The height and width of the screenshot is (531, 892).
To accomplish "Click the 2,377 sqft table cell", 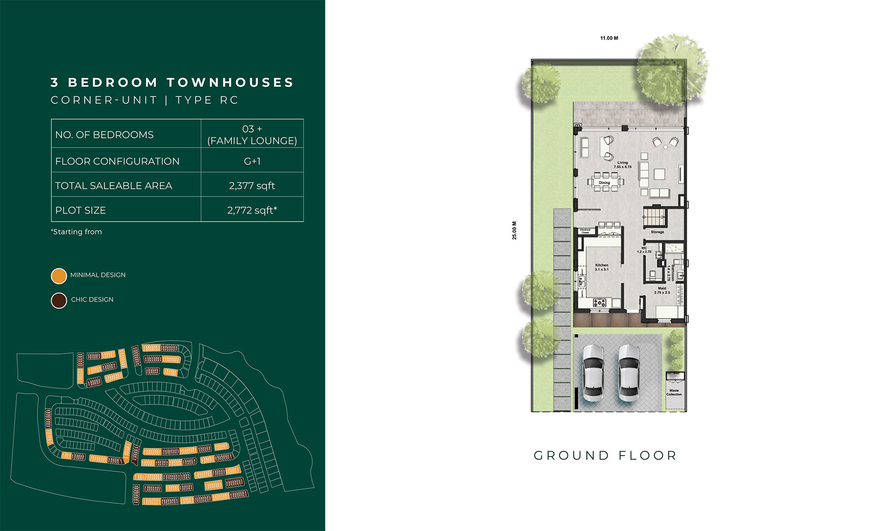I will tap(252, 185).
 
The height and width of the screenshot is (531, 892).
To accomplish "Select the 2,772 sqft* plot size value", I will tap(252, 210).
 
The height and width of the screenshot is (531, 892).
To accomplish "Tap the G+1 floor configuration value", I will tap(252, 161).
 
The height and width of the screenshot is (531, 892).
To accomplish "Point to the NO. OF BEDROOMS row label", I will tap(104, 135).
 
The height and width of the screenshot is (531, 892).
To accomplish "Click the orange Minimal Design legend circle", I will tap(59, 276).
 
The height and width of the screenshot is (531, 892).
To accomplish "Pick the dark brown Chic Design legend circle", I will tap(59, 300).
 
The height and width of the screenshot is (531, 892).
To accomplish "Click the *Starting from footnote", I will tap(77, 232).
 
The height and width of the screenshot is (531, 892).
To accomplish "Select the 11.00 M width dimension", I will tap(609, 38).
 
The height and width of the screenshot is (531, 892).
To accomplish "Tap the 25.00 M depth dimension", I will tap(514, 231).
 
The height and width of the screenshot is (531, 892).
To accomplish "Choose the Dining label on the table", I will tap(604, 183).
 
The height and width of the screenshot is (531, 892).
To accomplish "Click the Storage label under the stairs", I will tap(657, 232).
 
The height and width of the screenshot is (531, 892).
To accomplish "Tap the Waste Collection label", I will tap(674, 392).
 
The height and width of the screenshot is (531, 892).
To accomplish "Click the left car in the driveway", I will tap(593, 372).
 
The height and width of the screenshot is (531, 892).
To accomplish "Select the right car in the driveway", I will tap(628, 372).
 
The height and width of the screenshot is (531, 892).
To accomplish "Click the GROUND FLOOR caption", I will tap(605, 456).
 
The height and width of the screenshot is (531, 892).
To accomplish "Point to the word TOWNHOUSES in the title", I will tap(230, 82).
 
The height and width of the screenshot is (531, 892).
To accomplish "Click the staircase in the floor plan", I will tap(655, 218).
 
